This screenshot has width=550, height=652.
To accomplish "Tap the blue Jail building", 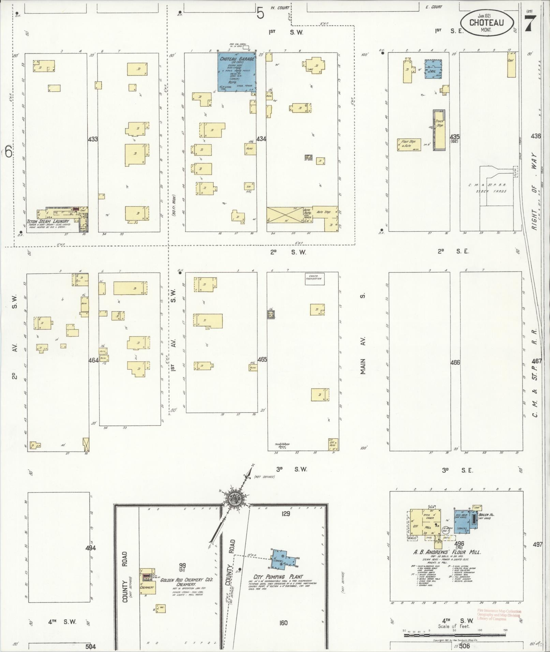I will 433,70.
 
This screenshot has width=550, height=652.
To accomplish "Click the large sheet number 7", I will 530,24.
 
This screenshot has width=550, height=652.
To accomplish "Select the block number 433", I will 93,139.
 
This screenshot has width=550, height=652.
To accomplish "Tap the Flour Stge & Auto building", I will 409,145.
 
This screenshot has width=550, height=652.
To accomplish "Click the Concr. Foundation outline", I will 314,279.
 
